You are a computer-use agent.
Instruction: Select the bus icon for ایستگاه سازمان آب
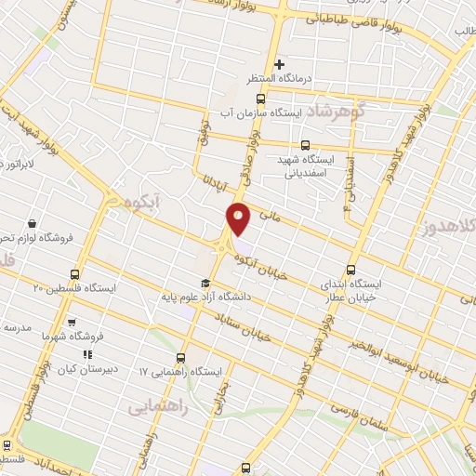coord(258,97)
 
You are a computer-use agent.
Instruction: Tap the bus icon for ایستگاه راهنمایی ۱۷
coord(181,356)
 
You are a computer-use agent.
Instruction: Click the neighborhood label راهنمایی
coord(158,404)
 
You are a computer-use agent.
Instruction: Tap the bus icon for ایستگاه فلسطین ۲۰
coord(74,274)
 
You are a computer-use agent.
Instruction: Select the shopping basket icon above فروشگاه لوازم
coord(33,223)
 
